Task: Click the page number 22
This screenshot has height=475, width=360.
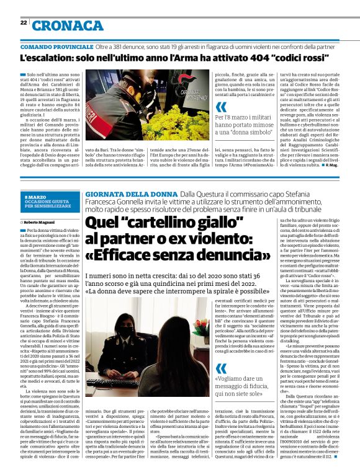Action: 24,22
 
